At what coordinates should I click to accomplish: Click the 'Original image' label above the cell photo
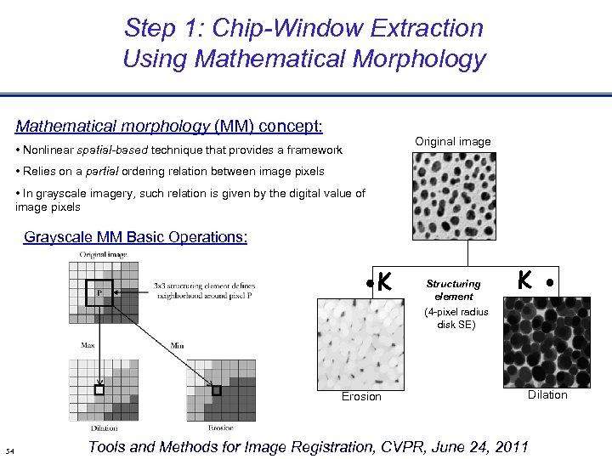tap(452, 141)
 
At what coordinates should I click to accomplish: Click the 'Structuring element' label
tap(453, 290)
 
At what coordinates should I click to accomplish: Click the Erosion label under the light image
tap(361, 396)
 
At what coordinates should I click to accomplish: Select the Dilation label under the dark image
tap(547, 394)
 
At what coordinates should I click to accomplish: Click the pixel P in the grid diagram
tap(100, 292)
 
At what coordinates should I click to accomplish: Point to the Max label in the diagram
tap(88, 345)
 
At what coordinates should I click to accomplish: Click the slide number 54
tap(9, 450)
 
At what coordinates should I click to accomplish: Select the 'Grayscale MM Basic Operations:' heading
tap(136, 237)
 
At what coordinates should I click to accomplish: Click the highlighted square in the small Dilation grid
tap(99, 391)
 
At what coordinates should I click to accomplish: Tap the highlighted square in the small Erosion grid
tap(216, 391)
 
